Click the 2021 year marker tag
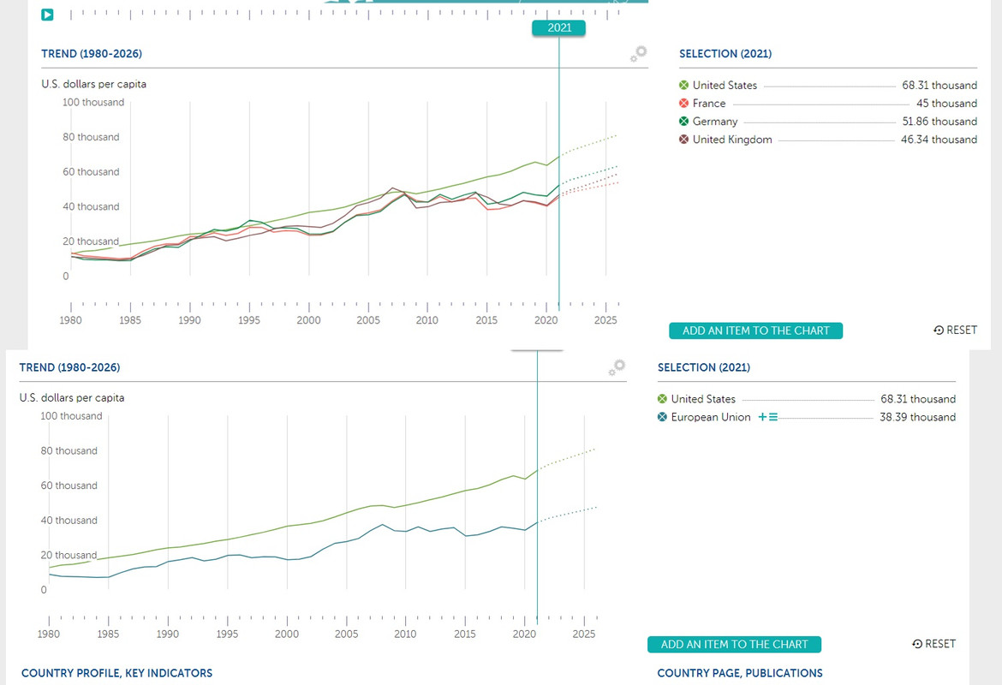(x=558, y=28)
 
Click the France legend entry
(x=708, y=104)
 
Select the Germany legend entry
(x=714, y=122)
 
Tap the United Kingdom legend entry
(x=731, y=140)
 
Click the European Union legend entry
(x=710, y=417)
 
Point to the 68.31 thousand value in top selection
(x=939, y=86)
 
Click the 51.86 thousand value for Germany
(x=939, y=122)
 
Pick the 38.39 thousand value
(x=917, y=417)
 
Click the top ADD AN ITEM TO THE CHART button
(x=755, y=331)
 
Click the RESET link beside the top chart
(x=955, y=331)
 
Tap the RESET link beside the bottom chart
(x=933, y=644)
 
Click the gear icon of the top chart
(x=638, y=54)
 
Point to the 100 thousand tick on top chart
(x=93, y=103)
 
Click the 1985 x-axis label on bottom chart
(x=109, y=634)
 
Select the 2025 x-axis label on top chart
(x=605, y=320)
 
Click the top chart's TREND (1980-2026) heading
(x=92, y=54)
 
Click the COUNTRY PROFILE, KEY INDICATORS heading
(x=116, y=673)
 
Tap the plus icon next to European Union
(x=762, y=417)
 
